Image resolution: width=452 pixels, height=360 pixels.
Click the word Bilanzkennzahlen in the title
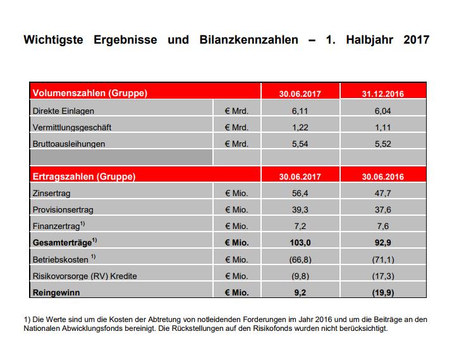(249, 40)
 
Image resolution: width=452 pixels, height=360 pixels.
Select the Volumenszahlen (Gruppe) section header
(90, 93)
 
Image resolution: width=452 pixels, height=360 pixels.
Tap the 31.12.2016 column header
(383, 94)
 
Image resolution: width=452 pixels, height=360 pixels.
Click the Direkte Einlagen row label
(63, 111)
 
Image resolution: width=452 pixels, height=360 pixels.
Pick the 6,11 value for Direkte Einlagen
(300, 111)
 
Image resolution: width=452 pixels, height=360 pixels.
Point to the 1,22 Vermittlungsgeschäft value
(300, 128)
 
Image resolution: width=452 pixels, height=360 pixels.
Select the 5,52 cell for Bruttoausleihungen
(383, 144)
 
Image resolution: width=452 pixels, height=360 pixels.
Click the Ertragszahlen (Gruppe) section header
(84, 177)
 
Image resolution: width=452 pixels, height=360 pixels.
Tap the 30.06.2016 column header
(383, 177)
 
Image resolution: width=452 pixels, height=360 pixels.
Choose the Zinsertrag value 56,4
(300, 193)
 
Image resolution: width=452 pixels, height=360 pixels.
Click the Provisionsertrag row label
(63, 209)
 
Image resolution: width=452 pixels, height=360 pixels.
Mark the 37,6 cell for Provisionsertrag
(383, 209)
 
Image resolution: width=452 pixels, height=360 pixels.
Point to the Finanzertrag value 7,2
(300, 226)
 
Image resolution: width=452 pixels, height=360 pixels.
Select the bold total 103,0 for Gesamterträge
(300, 242)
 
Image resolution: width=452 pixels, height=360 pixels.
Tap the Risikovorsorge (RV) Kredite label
(85, 276)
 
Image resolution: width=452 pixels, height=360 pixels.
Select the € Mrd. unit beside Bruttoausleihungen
(236, 144)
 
